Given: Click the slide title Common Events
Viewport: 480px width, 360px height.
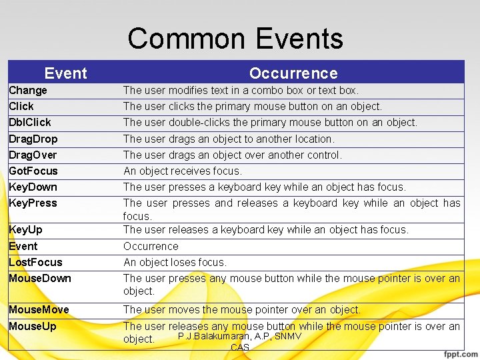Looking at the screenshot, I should pyautogui.click(x=235, y=39).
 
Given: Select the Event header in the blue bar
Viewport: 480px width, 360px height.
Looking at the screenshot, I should pyautogui.click(x=65, y=73).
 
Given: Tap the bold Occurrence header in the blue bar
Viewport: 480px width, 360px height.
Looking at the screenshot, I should pyautogui.click(x=293, y=73).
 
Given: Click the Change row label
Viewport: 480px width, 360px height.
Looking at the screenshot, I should pyautogui.click(x=28, y=91).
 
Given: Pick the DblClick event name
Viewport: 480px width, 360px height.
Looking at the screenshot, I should pyautogui.click(x=30, y=123).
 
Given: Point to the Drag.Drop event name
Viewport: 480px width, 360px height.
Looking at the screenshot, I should pyautogui.click(x=33, y=139).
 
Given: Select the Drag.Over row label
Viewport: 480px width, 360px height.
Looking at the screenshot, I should pyautogui.click(x=33, y=155).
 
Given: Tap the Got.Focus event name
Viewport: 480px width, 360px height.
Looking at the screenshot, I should pyautogui.click(x=33, y=171).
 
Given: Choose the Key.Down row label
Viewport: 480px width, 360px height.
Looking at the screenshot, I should pyautogui.click(x=33, y=187).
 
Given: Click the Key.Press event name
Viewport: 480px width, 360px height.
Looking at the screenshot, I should pyautogui.click(x=33, y=203).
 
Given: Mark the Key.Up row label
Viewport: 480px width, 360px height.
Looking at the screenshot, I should pyautogui.click(x=25, y=230).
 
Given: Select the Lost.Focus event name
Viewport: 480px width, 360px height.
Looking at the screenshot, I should pyautogui.click(x=35, y=263).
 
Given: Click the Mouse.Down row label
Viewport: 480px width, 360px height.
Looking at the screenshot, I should pyautogui.click(x=40, y=279).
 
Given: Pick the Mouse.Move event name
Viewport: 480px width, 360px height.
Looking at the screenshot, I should pyautogui.click(x=39, y=310).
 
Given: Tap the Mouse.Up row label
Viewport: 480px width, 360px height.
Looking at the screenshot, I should pyautogui.click(x=33, y=327).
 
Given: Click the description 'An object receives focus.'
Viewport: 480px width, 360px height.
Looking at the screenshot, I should pyautogui.click(x=183, y=171).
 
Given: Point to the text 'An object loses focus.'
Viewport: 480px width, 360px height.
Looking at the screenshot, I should pyautogui.click(x=175, y=263).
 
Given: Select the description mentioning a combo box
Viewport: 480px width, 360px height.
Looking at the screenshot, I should pyautogui.click(x=241, y=91).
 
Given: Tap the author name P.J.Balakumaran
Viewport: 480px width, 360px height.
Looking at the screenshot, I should pyautogui.click(x=214, y=337).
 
